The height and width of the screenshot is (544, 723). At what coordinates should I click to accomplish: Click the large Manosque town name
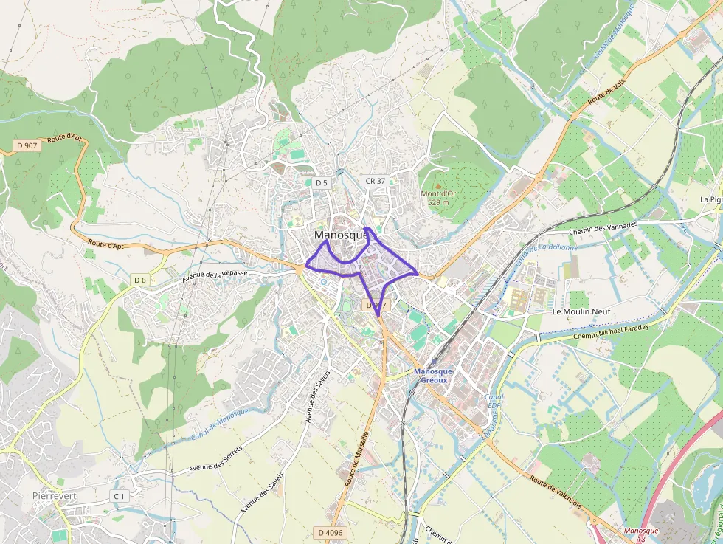tap(342, 235)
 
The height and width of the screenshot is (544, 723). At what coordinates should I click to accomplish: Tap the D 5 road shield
tap(320, 182)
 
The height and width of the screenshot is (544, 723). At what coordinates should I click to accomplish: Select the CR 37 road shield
tap(375, 181)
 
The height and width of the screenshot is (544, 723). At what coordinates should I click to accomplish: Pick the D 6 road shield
tap(140, 280)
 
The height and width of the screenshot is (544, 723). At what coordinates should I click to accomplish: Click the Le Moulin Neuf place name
tap(581, 312)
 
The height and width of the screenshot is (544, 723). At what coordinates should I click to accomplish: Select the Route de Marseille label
tap(357, 458)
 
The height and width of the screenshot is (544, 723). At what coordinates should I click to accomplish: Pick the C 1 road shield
tap(119, 497)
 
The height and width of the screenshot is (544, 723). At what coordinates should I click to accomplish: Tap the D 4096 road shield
tap(331, 532)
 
